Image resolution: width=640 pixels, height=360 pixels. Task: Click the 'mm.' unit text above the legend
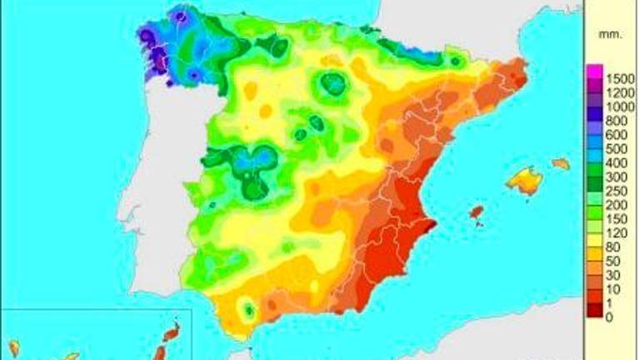click(607, 35)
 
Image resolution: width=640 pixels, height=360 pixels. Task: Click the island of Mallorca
click(524, 179)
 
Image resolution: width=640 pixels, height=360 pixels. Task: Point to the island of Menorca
click(561, 164)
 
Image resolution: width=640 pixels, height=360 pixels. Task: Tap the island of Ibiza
click(476, 215)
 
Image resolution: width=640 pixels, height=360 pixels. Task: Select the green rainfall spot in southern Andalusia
click(247, 310)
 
